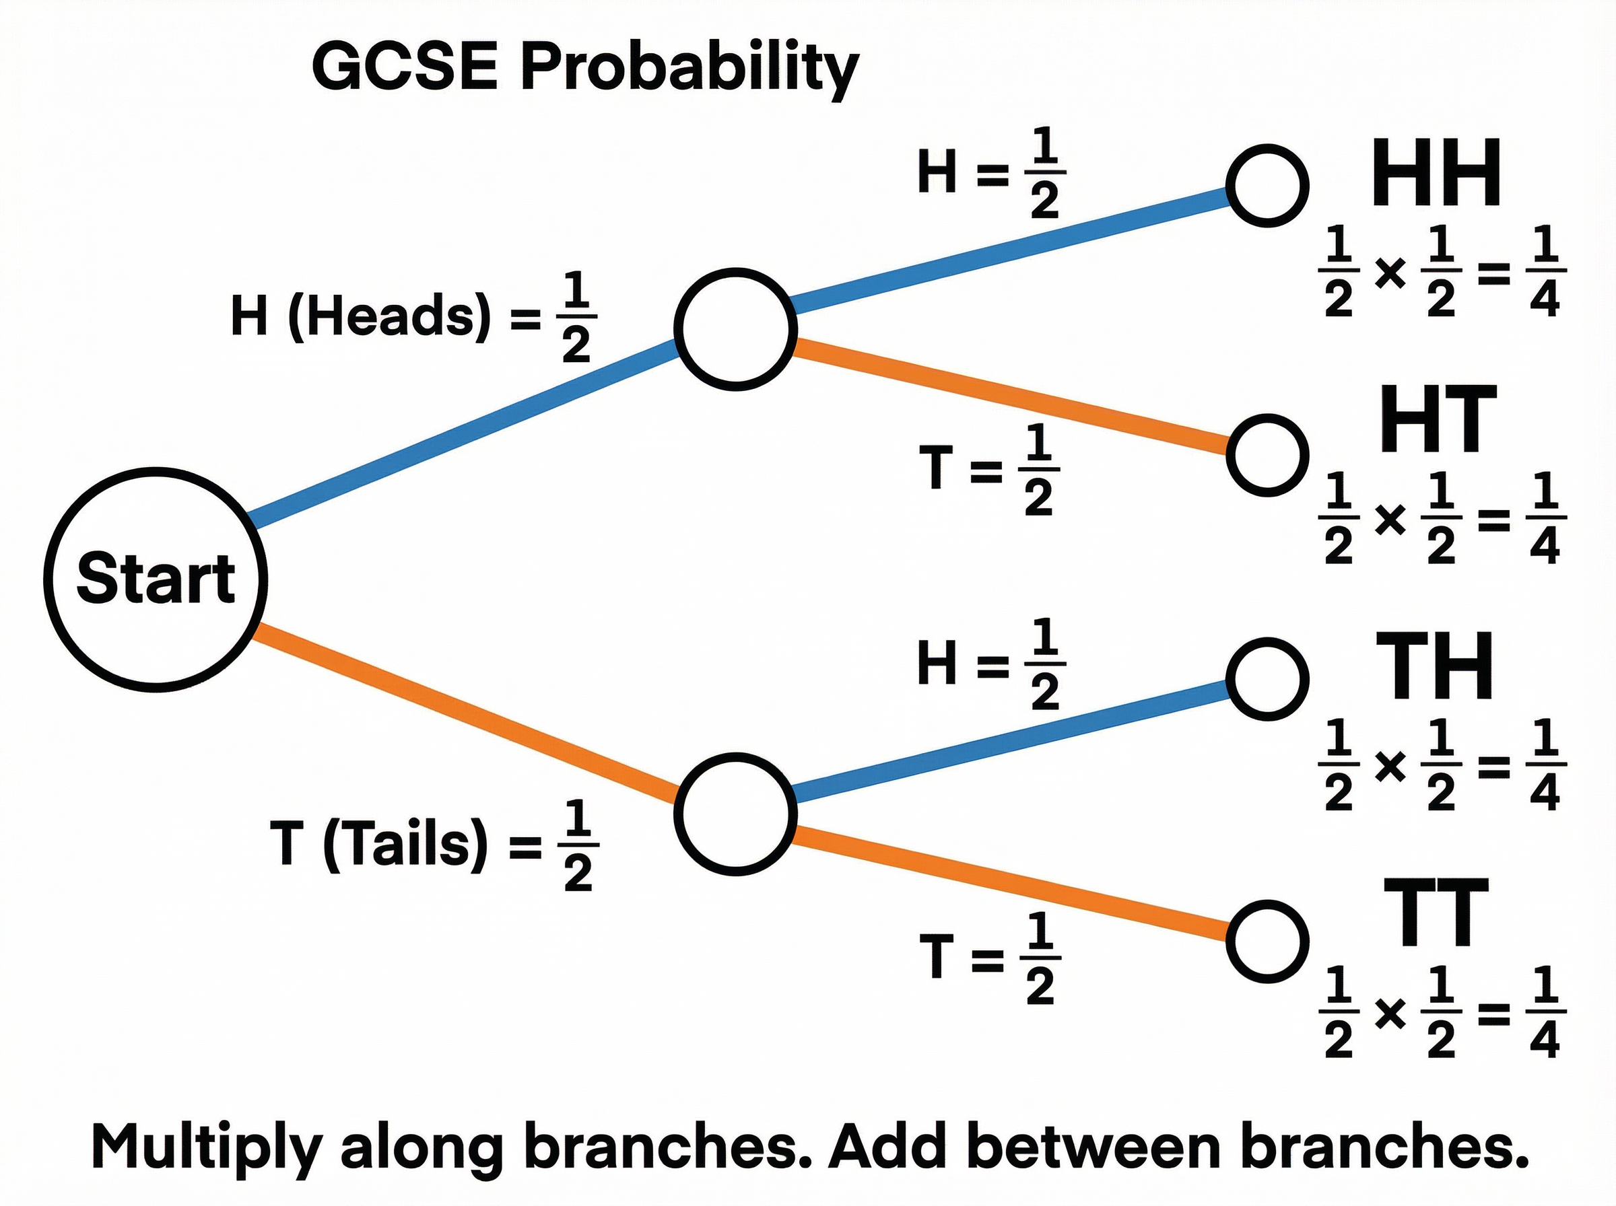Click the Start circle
[155, 579]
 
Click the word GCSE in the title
[405, 67]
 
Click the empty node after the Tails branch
[735, 813]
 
